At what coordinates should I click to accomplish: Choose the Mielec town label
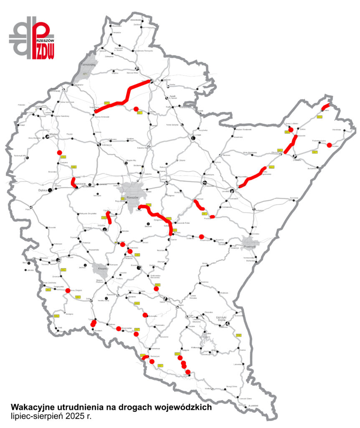53,135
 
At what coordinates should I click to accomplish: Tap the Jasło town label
53,260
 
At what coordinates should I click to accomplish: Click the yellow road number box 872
106,102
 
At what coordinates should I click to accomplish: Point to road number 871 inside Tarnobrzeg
85,74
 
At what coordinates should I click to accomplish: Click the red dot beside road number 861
136,109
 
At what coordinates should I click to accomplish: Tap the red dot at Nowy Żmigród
68,290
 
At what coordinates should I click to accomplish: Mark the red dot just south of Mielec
59,153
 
